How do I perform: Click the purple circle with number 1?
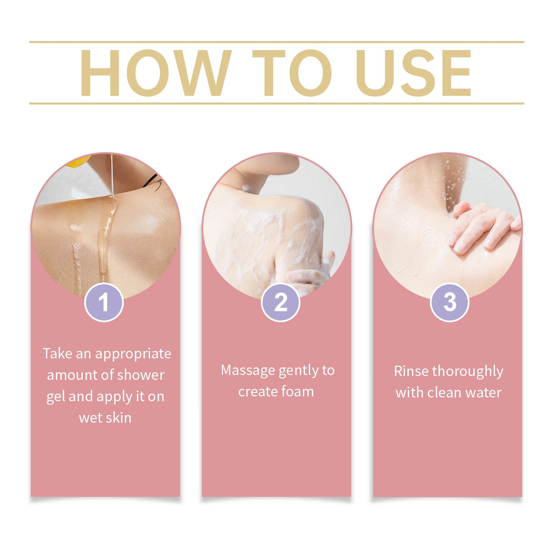(x=104, y=302)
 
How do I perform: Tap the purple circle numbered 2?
(x=280, y=302)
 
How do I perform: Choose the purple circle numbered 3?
(x=450, y=302)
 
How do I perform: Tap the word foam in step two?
(x=297, y=392)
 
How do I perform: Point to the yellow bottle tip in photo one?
(x=79, y=161)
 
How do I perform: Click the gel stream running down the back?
(x=105, y=235)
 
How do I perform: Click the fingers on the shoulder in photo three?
(x=483, y=228)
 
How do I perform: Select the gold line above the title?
(x=276, y=42)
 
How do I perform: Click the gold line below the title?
(x=276, y=103)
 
